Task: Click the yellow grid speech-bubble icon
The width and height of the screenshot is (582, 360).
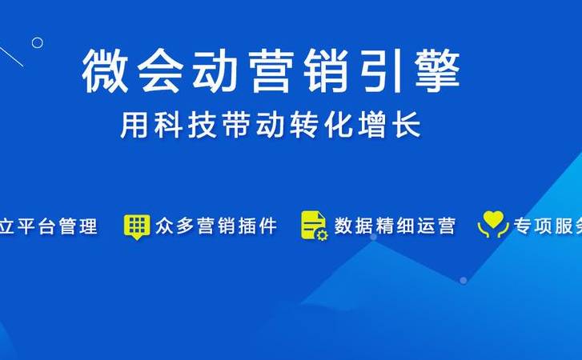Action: point(137,226)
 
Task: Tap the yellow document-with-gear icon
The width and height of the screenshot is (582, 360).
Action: point(314,226)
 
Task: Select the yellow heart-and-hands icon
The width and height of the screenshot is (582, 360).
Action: point(493,226)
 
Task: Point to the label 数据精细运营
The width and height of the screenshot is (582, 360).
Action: point(395,226)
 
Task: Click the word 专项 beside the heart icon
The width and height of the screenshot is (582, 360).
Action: point(533,226)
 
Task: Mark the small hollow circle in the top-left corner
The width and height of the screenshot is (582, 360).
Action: point(37,42)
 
